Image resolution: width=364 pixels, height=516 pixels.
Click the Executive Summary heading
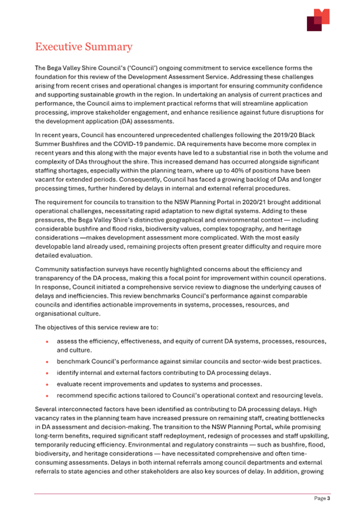coord(83,47)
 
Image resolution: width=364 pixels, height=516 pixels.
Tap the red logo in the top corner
coord(318,20)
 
